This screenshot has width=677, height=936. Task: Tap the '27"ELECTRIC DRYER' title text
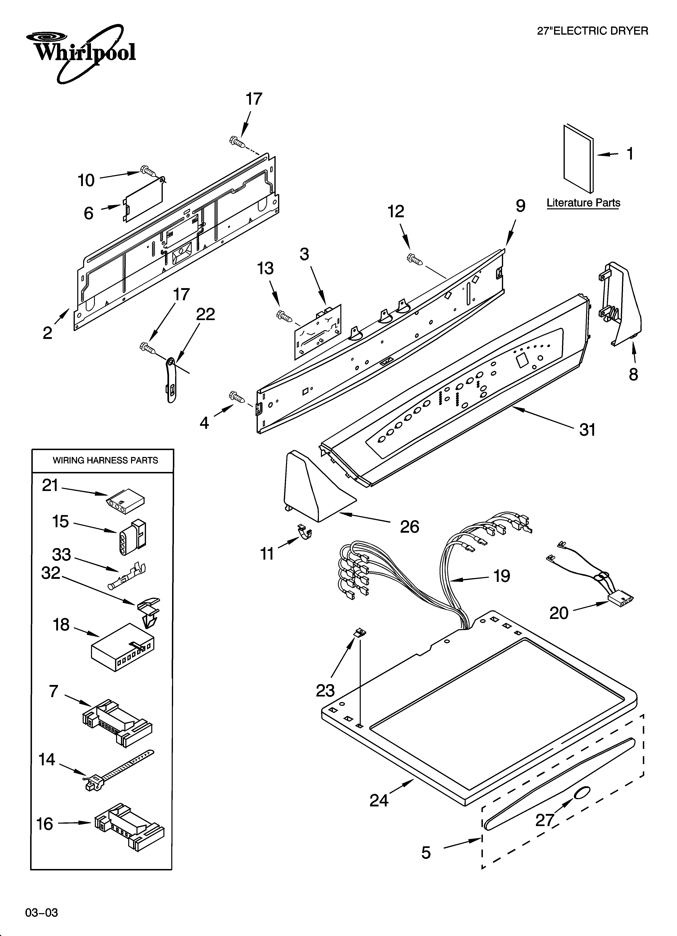click(x=592, y=31)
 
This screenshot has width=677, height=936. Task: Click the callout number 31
click(x=587, y=430)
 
